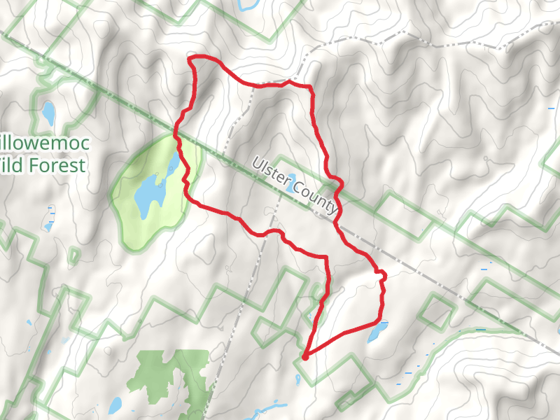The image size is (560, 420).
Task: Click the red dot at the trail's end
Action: pyautogui.click(x=305, y=358)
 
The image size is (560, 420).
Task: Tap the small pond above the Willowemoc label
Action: pyautogui.click(x=48, y=111)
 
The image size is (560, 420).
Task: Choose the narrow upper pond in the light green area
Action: pyautogui.click(x=172, y=164)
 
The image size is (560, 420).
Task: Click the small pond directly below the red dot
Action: pyautogui.click(x=298, y=380)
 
